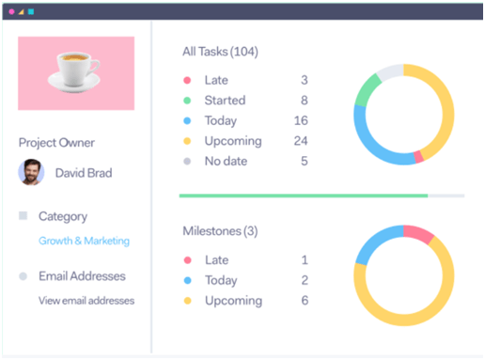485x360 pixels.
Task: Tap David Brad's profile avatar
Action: tap(31, 173)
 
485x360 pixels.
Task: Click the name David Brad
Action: tap(84, 173)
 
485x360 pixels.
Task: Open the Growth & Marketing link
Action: tap(84, 241)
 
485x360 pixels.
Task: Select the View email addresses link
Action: tap(86, 301)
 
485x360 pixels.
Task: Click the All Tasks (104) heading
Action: tap(220, 51)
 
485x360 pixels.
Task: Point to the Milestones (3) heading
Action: tap(220, 231)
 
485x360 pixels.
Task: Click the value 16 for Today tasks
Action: tap(301, 121)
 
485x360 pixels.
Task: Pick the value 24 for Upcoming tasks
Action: tap(301, 141)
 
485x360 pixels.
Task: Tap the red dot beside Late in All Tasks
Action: tap(187, 81)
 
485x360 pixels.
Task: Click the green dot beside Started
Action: tap(187, 101)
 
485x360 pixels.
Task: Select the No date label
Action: tap(226, 162)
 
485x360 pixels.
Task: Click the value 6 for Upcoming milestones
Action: tap(304, 300)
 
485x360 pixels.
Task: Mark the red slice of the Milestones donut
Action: tap(418, 233)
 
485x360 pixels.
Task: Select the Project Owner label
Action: tap(56, 143)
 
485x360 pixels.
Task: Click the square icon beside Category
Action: tap(23, 216)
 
